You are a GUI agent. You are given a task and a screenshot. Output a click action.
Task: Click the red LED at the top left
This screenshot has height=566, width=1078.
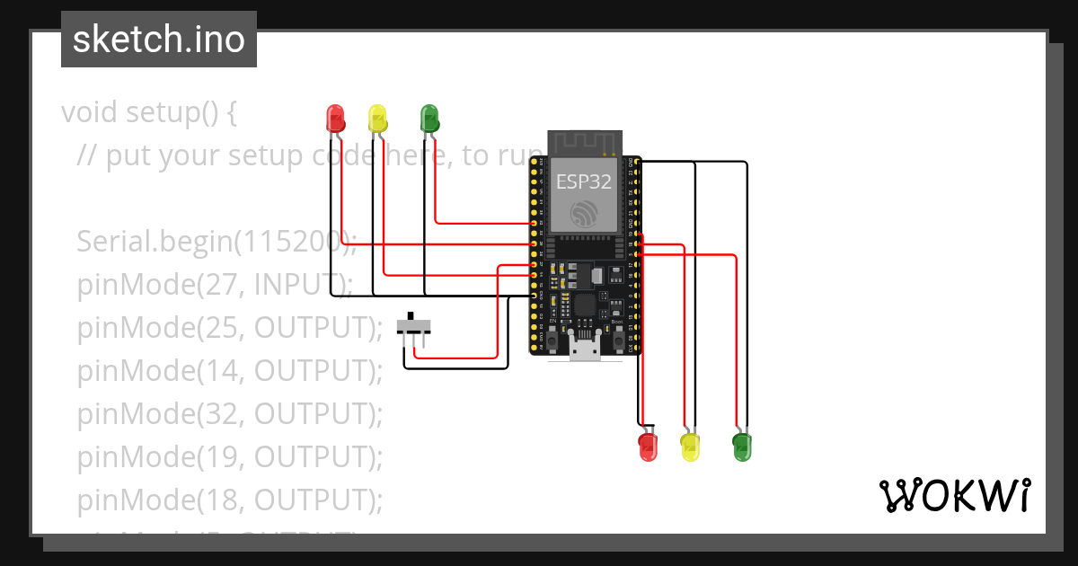[335, 119]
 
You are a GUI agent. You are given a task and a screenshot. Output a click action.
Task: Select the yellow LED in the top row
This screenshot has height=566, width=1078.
[377, 119]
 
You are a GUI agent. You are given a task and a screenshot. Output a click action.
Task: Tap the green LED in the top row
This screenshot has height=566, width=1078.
[429, 119]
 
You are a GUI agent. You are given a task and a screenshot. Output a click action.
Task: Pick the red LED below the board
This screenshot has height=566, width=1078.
[648, 445]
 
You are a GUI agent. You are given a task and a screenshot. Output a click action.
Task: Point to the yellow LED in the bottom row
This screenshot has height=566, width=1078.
[690, 446]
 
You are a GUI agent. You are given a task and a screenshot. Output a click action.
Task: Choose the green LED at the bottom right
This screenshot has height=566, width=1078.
[741, 446]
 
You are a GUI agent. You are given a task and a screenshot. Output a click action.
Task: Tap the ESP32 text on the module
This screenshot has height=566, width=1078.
[584, 182]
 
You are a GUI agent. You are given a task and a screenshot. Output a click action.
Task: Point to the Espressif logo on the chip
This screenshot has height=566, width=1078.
[585, 214]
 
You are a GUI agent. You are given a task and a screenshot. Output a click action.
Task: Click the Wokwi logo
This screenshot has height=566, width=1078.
[953, 496]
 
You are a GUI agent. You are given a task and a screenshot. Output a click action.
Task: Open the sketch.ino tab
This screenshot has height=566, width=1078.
[159, 40]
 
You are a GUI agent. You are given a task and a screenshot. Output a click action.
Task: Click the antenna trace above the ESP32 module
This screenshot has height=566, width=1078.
[585, 142]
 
